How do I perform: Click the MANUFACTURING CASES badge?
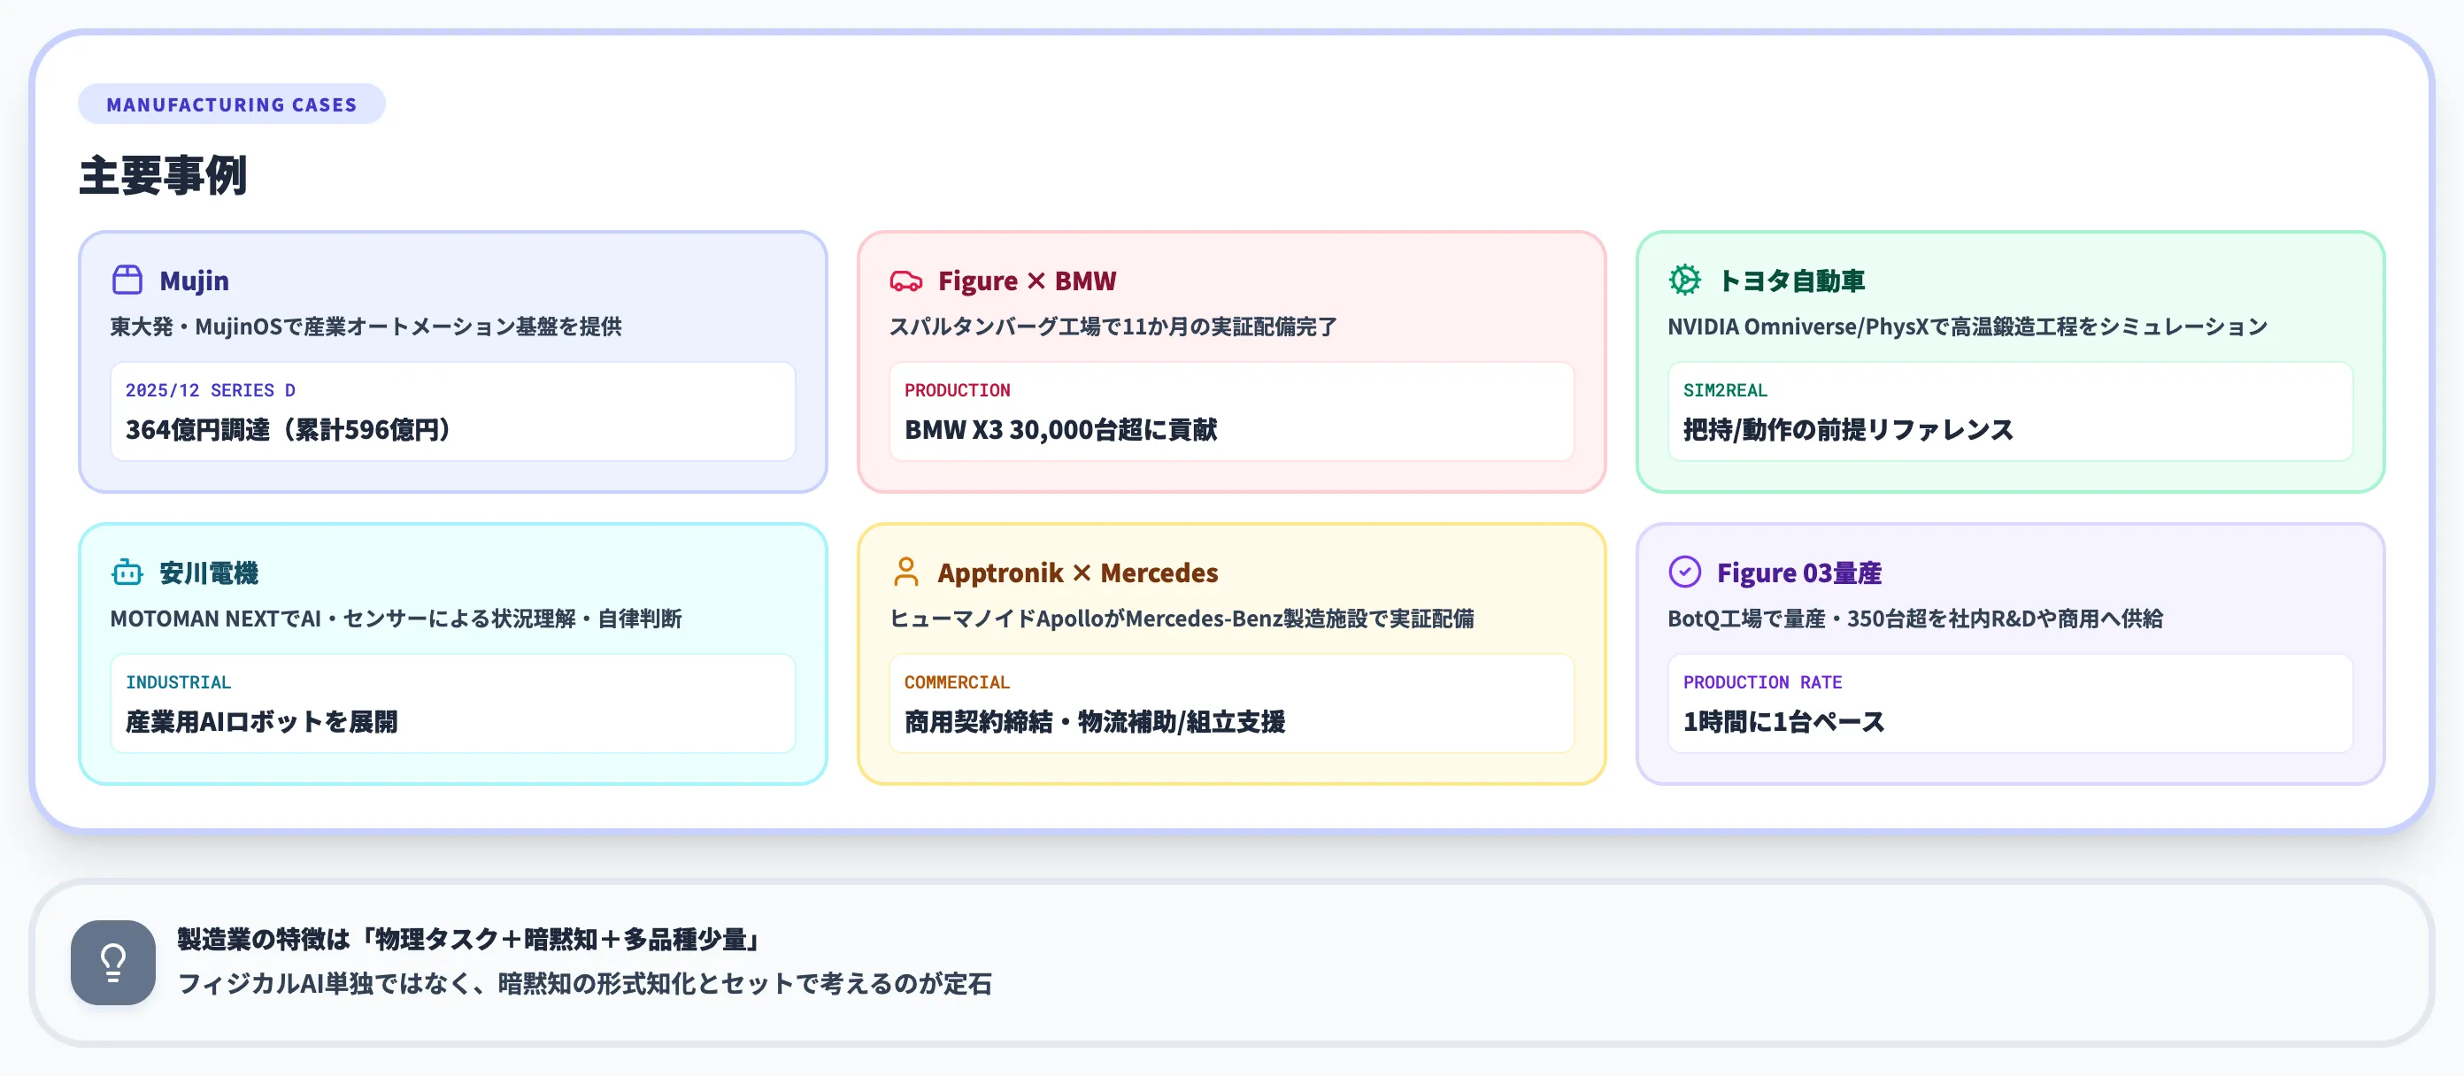(232, 104)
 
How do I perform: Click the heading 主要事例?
(164, 176)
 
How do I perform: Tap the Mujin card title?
(194, 281)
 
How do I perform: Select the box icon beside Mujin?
(127, 281)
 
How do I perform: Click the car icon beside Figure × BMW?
(905, 281)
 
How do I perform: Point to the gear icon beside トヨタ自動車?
(1684, 281)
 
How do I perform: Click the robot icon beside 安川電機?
(127, 572)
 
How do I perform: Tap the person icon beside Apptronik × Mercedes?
(905, 572)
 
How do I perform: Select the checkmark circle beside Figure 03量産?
(1684, 572)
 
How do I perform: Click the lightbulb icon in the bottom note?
(113, 962)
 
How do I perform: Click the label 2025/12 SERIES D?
(211, 390)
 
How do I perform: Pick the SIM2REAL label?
(1725, 390)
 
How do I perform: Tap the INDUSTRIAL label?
(178, 682)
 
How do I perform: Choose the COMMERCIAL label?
(957, 682)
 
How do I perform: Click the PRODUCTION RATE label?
(1762, 682)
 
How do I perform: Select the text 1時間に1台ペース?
(1783, 721)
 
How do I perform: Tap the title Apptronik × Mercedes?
(1077, 572)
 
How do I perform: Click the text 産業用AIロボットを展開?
(261, 721)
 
